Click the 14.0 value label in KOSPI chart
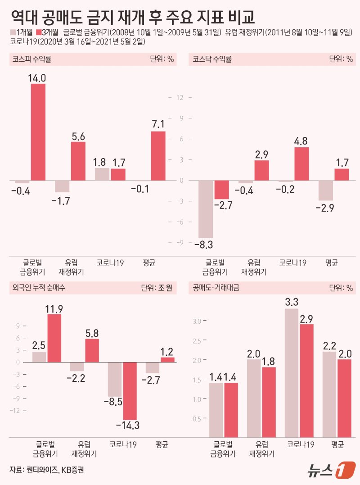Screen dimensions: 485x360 coord(38,78)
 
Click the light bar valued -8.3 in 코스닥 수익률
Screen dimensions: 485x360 coord(205,209)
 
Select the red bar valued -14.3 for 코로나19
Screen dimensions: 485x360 coord(130,391)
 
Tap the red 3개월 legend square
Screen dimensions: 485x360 coord(39,32)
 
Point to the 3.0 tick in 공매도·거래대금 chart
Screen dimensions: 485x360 coord(197,321)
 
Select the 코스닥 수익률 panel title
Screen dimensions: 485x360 coord(212,59)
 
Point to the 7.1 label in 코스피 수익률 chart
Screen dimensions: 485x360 coord(157,124)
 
